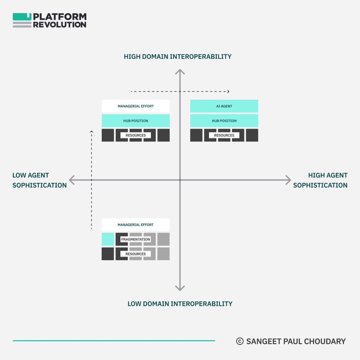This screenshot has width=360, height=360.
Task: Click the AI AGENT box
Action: [x=224, y=106]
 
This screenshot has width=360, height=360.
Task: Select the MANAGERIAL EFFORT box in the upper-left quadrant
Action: [x=136, y=106]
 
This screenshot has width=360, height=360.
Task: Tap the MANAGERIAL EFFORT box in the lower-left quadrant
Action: [x=136, y=225]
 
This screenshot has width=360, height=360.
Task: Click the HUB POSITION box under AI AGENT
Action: [x=224, y=121]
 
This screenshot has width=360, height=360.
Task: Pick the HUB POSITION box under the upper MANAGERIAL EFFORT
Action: [x=136, y=121]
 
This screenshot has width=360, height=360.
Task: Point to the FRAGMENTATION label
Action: [x=136, y=239]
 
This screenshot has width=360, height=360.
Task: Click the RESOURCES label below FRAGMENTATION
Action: [x=136, y=254]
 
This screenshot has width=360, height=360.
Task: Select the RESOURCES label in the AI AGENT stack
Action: [x=224, y=135]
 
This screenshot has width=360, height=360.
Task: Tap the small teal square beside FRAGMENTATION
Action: [x=108, y=239]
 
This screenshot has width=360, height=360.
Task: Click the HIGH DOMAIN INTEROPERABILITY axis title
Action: [x=178, y=57]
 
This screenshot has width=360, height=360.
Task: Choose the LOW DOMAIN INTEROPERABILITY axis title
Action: [x=180, y=304]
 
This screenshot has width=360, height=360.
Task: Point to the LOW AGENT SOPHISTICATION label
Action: [x=39, y=180]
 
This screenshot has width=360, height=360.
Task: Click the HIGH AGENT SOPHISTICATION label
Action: [x=320, y=180]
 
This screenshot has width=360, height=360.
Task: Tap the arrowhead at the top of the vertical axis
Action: [x=180, y=71]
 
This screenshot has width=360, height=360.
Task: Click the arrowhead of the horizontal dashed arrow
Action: [x=228, y=91]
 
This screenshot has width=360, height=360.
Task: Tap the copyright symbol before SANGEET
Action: [x=240, y=341]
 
